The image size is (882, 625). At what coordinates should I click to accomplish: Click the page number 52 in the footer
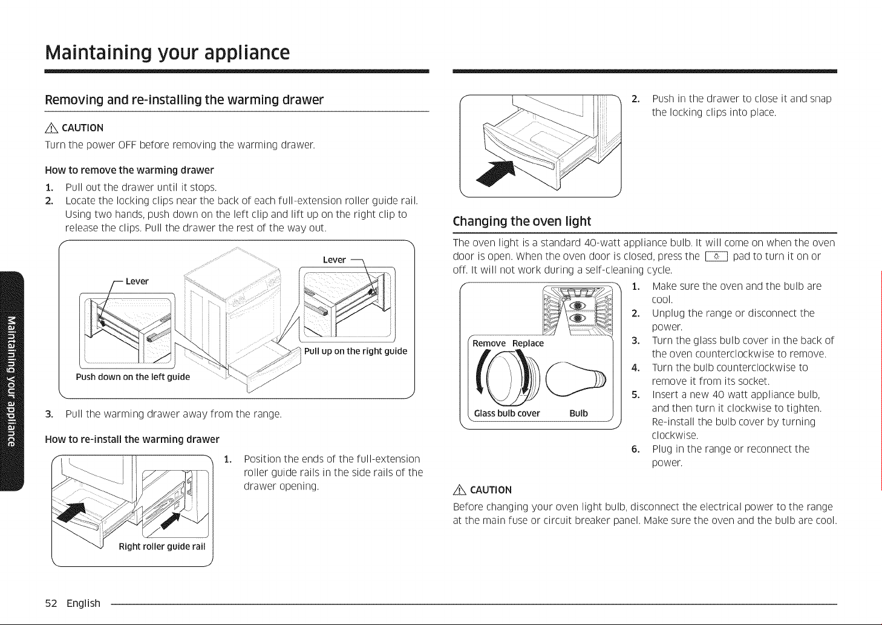(x=51, y=603)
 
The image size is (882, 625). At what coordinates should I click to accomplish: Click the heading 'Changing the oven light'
(x=521, y=221)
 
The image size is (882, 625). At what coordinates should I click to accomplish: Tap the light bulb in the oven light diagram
(x=576, y=379)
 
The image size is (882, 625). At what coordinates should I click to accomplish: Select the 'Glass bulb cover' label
(x=507, y=413)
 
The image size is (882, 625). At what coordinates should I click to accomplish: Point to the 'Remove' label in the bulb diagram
(x=489, y=344)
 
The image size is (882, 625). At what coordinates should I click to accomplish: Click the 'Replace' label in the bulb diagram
(x=528, y=344)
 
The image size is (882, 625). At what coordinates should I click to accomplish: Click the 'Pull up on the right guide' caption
(x=356, y=352)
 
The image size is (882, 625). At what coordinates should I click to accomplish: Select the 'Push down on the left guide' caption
(x=132, y=378)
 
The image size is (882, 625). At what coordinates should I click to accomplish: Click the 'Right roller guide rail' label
(x=162, y=546)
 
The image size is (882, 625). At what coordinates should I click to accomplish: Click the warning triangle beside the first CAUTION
(x=52, y=128)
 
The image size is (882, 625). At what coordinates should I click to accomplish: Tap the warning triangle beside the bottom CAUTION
(x=460, y=490)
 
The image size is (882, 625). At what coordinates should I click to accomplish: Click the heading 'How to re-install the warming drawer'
(x=132, y=439)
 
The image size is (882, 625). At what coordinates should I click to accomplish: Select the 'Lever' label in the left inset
(x=137, y=281)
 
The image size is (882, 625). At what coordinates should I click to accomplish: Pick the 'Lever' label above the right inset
(x=335, y=260)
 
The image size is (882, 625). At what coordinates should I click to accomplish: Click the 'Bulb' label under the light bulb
(x=578, y=413)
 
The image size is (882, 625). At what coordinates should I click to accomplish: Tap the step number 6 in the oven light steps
(x=635, y=450)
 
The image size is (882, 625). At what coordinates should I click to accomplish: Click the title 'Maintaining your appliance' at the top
(x=168, y=53)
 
